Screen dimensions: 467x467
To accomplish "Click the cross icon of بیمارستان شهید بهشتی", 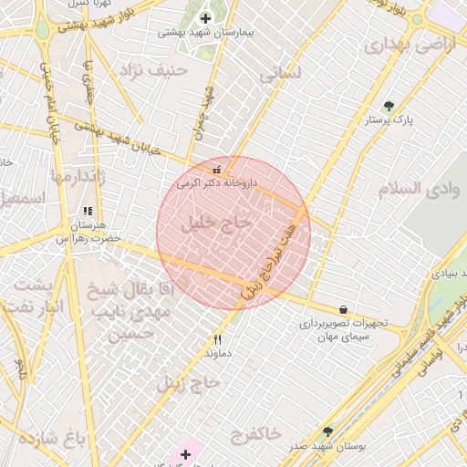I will coord(204,17).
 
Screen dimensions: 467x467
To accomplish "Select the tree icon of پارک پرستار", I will coord(389,106).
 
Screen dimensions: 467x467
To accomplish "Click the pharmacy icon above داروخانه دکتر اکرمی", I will coord(216,169).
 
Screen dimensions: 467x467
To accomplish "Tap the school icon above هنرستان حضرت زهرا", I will coord(88,212).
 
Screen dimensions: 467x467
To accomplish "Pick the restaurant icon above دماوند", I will coord(217,339).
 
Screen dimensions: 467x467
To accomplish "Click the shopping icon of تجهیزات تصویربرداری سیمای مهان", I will coord(343,310).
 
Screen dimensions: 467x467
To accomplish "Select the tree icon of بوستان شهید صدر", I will coord(327,431).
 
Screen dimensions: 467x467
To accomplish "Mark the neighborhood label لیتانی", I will coord(280,75).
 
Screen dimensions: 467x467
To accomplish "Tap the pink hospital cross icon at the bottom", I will coord(186,453).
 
